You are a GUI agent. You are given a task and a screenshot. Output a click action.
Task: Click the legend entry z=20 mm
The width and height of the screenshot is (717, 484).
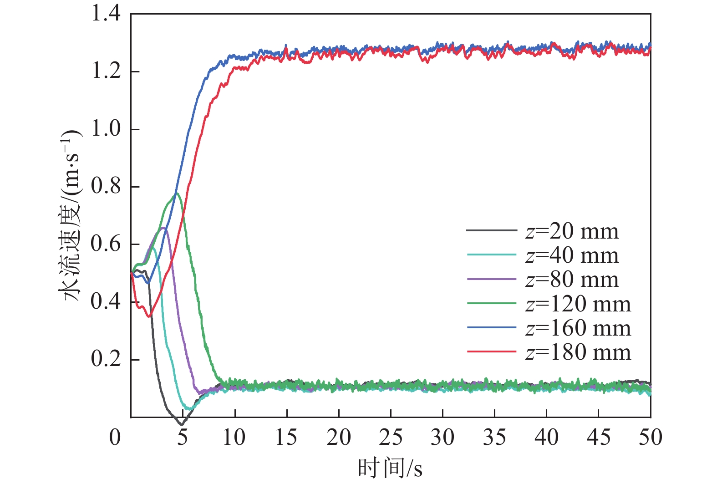click(x=572, y=232)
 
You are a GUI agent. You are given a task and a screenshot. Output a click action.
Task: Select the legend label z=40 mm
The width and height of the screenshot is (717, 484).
click(x=572, y=256)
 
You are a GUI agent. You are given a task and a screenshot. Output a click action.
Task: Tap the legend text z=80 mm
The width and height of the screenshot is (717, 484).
click(x=572, y=280)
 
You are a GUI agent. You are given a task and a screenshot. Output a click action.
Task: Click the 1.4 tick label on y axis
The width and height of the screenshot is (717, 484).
click(x=106, y=14)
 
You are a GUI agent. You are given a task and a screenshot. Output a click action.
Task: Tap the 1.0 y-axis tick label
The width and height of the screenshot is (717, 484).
click(x=106, y=129)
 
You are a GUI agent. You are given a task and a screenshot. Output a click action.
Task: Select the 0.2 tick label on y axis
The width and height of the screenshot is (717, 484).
click(x=106, y=359)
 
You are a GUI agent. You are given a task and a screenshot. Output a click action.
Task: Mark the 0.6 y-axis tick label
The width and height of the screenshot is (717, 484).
click(x=106, y=244)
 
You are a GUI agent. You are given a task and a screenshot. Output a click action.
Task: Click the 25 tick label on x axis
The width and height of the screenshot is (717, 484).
click(x=391, y=438)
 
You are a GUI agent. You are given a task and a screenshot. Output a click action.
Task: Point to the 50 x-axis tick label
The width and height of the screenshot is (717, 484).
click(x=650, y=438)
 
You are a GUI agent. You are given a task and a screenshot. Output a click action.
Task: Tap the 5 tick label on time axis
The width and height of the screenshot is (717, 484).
click(x=183, y=438)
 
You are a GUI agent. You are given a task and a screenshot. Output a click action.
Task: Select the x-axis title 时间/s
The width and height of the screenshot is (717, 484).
click(x=390, y=468)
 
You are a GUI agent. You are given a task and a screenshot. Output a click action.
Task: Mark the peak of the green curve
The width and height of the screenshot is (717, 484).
click(x=177, y=193)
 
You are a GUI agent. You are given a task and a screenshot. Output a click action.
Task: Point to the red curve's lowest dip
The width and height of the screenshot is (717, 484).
click(x=148, y=316)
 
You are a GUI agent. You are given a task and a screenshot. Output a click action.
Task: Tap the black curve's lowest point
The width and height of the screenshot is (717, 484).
click(x=182, y=425)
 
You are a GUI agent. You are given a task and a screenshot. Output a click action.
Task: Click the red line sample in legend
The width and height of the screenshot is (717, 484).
click(x=492, y=352)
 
